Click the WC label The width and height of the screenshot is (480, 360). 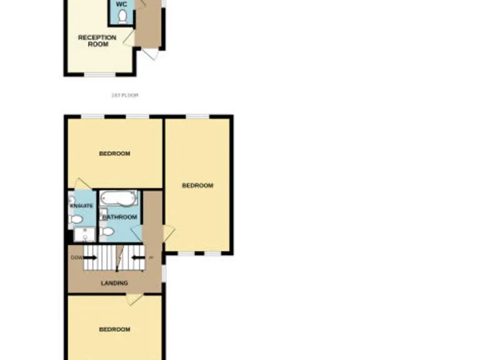tap(122, 4)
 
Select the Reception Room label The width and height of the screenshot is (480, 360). tap(97, 41)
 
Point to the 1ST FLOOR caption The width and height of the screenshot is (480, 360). tap(124, 95)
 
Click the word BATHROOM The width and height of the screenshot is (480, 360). tap(120, 217)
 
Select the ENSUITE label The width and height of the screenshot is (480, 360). tap(81, 206)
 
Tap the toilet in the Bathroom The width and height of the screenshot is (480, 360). tap(107, 232)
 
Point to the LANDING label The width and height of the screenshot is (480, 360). tap(114, 283)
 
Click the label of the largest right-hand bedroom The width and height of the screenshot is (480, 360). tap(197, 186)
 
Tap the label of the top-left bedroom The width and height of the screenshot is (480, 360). tap(114, 153)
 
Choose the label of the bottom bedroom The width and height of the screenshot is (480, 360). tap(114, 329)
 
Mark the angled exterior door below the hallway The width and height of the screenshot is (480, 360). tap(149, 55)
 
